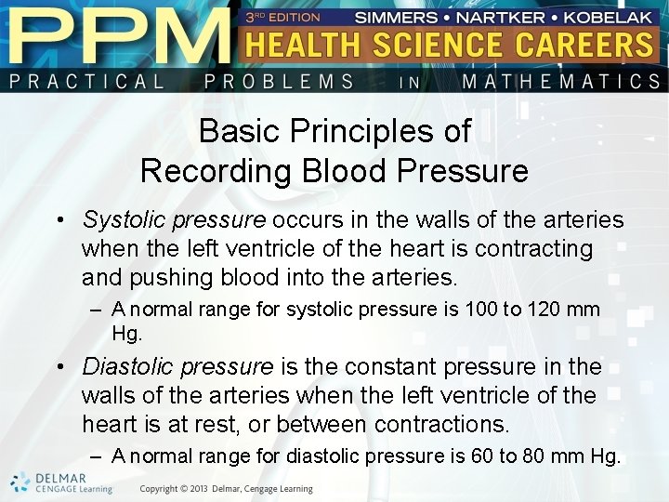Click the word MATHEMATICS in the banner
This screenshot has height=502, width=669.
560,82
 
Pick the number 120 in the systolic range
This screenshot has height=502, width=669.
543,309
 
